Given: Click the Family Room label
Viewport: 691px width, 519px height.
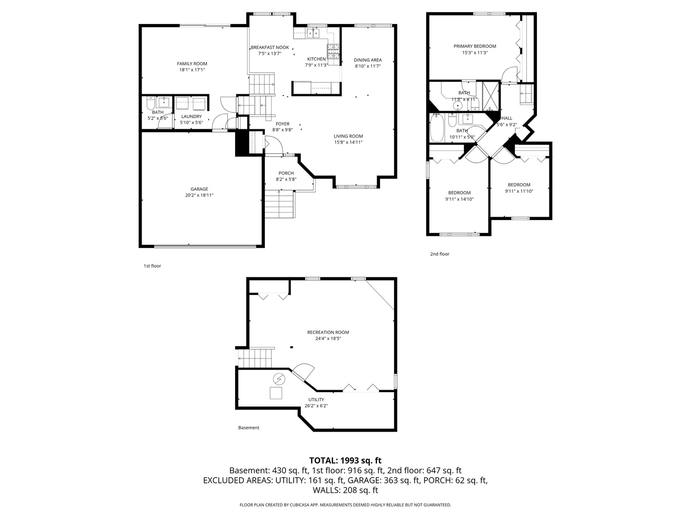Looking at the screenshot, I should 192,63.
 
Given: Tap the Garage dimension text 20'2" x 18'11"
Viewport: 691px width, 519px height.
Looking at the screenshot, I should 199,196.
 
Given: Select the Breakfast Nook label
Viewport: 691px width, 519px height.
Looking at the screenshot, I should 270,48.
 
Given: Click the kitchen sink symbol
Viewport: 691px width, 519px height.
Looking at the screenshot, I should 313,33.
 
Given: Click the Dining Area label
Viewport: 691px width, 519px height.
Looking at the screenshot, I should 368,60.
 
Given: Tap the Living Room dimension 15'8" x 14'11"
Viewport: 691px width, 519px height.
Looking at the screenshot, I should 348,142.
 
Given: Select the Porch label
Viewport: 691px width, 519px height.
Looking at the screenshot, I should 286,173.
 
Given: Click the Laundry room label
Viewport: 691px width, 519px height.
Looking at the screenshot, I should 191,116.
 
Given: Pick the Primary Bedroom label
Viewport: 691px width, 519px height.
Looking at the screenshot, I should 475,46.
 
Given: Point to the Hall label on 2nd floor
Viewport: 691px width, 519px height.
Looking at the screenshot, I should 507,118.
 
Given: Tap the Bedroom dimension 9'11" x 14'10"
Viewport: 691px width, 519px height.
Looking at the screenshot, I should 459,199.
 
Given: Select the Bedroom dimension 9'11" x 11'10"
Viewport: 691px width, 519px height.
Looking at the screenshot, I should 519,191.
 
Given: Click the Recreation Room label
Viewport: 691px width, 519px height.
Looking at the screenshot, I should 328,332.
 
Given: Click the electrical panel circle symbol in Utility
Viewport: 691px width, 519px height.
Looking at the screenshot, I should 278,379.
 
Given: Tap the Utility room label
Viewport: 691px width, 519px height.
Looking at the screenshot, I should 316,399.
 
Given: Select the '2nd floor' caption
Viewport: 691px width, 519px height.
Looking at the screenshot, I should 440,254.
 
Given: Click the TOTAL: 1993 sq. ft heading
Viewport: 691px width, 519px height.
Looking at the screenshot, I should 345,460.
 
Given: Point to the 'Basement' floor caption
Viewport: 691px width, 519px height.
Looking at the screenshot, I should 249,428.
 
